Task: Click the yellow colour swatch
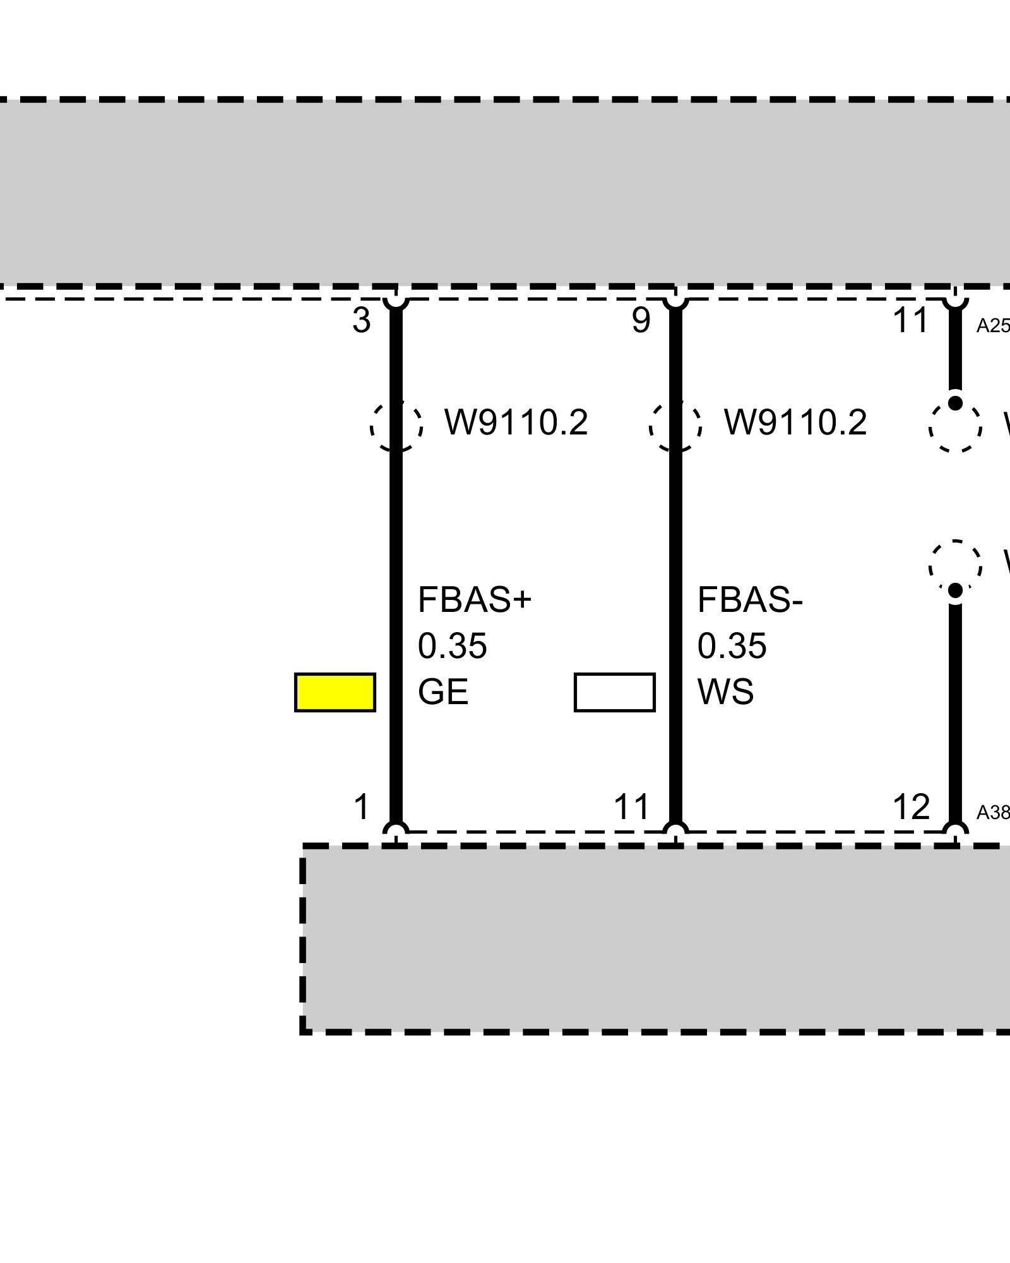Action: tap(335, 692)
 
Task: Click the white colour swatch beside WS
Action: tap(614, 692)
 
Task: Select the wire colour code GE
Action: tap(443, 692)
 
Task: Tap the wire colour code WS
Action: tap(725, 692)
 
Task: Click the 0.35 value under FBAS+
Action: tap(452, 646)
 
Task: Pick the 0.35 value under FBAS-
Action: tap(732, 646)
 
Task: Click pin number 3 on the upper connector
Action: tap(361, 321)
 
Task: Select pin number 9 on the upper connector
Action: tap(641, 321)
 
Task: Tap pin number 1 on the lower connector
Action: tap(361, 807)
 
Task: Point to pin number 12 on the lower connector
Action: tap(911, 807)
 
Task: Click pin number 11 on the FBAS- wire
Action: tap(631, 807)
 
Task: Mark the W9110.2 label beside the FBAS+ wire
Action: tap(516, 422)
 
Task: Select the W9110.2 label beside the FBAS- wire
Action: tap(795, 422)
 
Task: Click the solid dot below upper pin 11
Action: tap(955, 403)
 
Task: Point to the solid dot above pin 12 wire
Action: tap(955, 590)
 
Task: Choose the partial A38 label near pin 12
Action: tap(993, 813)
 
